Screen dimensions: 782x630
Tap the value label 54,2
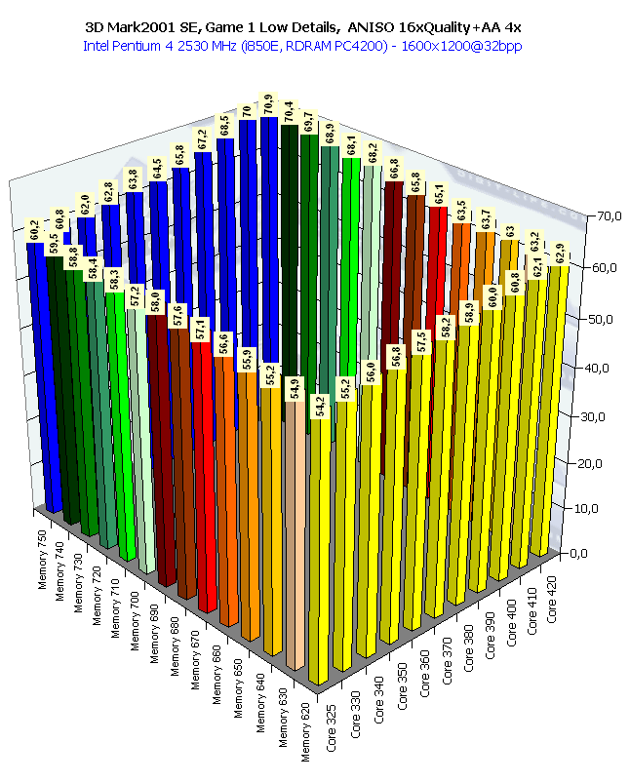click(x=320, y=401)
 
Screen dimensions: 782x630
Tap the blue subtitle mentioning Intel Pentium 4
click(x=314, y=46)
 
